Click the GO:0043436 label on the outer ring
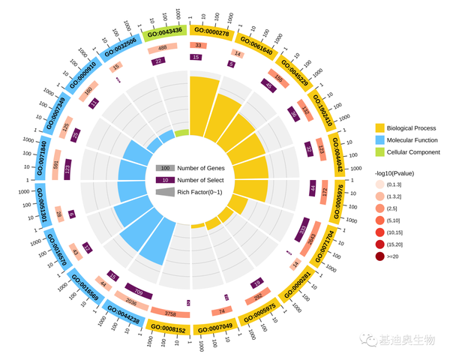[164, 31]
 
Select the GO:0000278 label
[212, 31]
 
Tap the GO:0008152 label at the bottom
[168, 327]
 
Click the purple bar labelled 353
[302, 230]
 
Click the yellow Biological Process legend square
[380, 127]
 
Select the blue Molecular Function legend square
[380, 140]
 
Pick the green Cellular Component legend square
[380, 153]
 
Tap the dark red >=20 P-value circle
[380, 256]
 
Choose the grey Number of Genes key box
[165, 168]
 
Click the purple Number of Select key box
[165, 180]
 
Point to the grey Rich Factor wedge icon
[165, 192]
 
